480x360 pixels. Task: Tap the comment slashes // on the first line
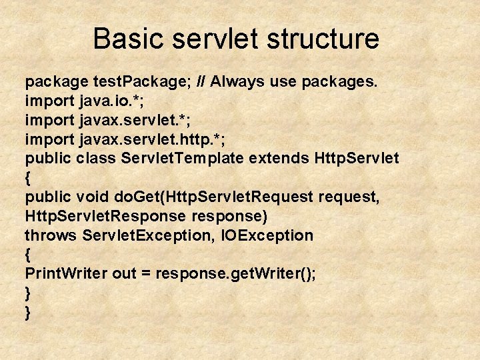coord(202,82)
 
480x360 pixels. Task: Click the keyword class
coord(96,159)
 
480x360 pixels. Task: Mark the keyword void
coord(92,197)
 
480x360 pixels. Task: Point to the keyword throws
coord(51,235)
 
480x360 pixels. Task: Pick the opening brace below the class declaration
coord(28,178)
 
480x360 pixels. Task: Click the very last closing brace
coord(28,313)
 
